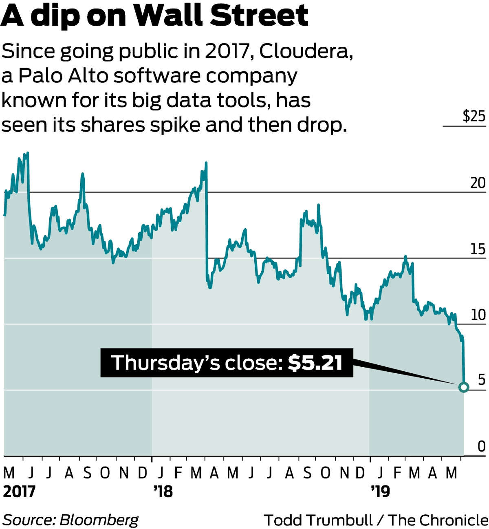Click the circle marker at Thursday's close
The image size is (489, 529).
coord(463,387)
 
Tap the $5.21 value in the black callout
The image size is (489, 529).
coord(315,362)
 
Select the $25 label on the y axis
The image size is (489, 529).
coord(474,117)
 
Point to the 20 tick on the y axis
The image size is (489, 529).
coord(478,183)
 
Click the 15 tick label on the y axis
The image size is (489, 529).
coord(478,249)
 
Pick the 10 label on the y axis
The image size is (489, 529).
coord(478,315)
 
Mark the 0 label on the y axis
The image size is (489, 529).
coord(481,447)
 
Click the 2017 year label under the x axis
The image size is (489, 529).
coord(19,492)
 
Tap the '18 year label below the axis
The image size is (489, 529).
coord(163,492)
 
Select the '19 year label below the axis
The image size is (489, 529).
coord(381,492)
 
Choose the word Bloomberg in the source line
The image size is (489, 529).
coord(99,520)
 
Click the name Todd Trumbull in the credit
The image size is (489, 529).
coord(318,520)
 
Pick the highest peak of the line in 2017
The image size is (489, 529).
coord(27,153)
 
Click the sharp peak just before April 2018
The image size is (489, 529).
coord(206,163)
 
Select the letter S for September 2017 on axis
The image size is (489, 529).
coord(87,473)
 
